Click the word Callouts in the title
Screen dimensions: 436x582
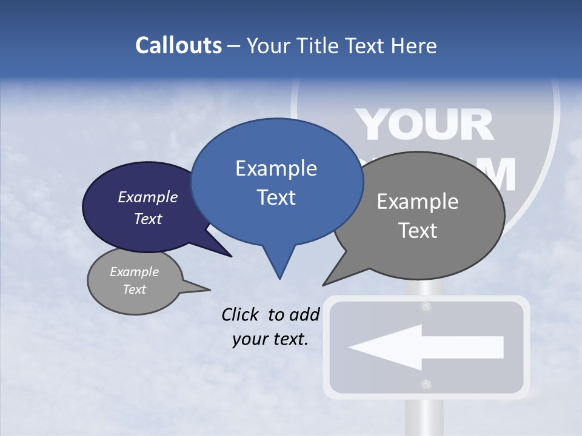[x=178, y=45]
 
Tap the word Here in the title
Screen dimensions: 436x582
[x=415, y=45]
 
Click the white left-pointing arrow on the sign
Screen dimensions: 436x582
[x=426, y=347]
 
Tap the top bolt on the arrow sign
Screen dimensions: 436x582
[x=426, y=308]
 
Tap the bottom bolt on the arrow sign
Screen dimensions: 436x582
[x=426, y=385]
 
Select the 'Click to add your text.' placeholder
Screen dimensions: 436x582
[x=270, y=326]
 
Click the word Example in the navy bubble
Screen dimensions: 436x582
[x=148, y=197]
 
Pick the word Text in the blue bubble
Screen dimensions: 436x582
[x=276, y=197]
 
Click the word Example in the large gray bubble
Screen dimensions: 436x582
[x=418, y=202]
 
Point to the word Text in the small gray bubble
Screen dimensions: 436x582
[x=135, y=289]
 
